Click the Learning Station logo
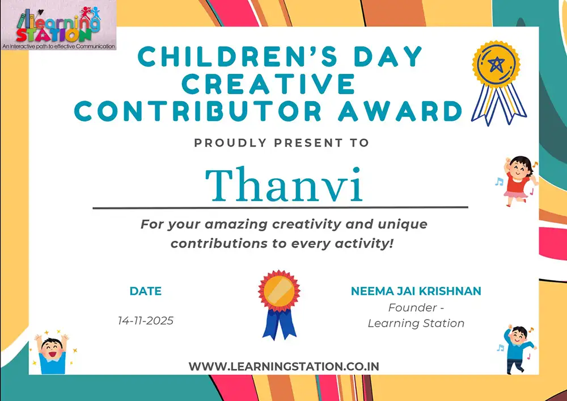[x=58, y=25]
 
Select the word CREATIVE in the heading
[x=268, y=84]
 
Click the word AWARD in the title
[x=400, y=111]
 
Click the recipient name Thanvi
[x=284, y=185]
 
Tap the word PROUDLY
[x=230, y=143]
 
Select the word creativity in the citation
[x=307, y=224]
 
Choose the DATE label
[x=146, y=291]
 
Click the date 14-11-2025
[x=146, y=320]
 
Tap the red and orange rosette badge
[x=279, y=305]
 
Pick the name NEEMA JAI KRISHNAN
[x=416, y=291]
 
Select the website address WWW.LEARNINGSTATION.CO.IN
[x=284, y=366]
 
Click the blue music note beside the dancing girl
[x=500, y=182]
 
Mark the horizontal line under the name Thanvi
[x=280, y=207]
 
